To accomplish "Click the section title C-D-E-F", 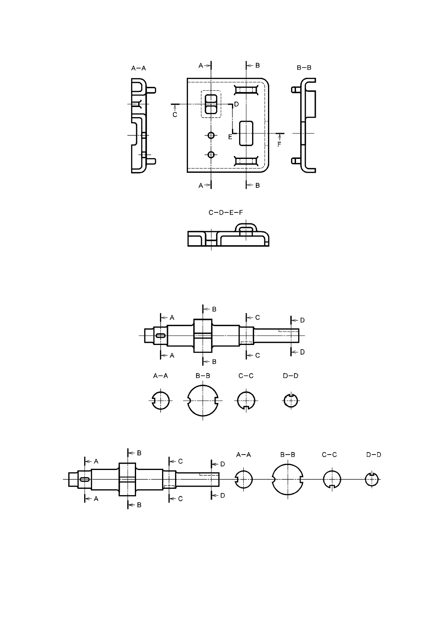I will (226, 212).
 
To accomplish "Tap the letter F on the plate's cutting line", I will (279, 144).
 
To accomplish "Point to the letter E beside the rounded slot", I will (230, 137).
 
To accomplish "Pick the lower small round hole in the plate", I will (211, 155).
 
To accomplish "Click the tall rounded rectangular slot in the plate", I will (247, 133).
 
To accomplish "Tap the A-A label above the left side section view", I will (139, 68).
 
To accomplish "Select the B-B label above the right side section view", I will (304, 68).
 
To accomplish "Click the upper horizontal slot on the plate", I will (247, 90).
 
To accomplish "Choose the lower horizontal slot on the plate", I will (247, 161).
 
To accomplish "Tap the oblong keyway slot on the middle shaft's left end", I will (160, 335).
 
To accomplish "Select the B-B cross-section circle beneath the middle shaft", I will (203, 401).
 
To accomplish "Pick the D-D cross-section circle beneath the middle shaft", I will (291, 401).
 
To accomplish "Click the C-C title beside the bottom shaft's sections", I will (330, 455).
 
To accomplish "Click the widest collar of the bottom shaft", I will (128, 479).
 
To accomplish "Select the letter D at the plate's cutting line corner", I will (236, 104).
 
